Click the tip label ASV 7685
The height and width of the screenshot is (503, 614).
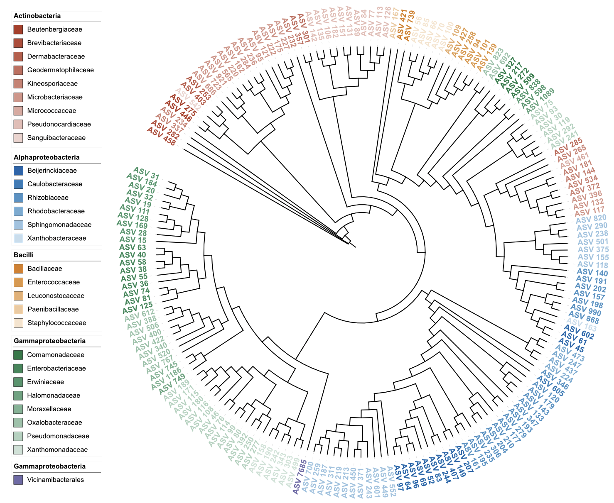[x=300, y=477]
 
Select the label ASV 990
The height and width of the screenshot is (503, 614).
[x=586, y=309]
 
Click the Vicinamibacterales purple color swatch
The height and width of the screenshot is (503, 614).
[x=18, y=480]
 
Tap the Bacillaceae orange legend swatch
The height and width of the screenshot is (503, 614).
[x=18, y=269]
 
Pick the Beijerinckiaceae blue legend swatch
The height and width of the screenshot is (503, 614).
[x=18, y=171]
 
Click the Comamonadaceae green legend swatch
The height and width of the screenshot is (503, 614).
[x=18, y=355]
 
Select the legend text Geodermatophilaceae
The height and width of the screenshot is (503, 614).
[x=61, y=70]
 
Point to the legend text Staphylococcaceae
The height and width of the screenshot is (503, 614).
[x=57, y=323]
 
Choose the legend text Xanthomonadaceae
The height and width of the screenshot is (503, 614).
[x=57, y=449]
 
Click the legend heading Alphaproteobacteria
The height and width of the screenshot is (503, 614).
[x=47, y=157]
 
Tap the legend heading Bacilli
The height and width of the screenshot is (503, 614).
[x=24, y=255]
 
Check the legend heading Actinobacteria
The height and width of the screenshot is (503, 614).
[x=37, y=16]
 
